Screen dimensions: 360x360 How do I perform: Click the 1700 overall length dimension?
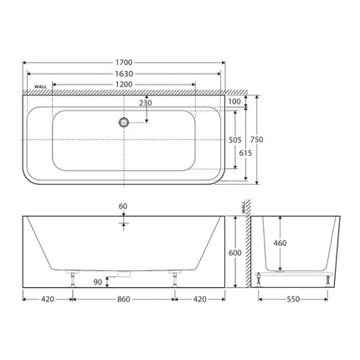click(124, 61)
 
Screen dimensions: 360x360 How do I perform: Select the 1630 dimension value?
click(124, 72)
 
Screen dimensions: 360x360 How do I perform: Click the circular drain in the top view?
click(124, 122)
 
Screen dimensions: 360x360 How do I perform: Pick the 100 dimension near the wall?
click(234, 101)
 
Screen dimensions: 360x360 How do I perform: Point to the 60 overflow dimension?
click(124, 205)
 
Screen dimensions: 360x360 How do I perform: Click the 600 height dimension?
click(236, 253)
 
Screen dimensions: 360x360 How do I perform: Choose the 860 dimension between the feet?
click(124, 298)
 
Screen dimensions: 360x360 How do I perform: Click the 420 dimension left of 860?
click(47, 298)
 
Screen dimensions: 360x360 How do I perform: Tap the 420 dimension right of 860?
click(201, 298)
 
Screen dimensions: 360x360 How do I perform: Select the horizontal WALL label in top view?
click(40, 87)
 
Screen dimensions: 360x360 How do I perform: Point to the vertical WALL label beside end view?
click(244, 205)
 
